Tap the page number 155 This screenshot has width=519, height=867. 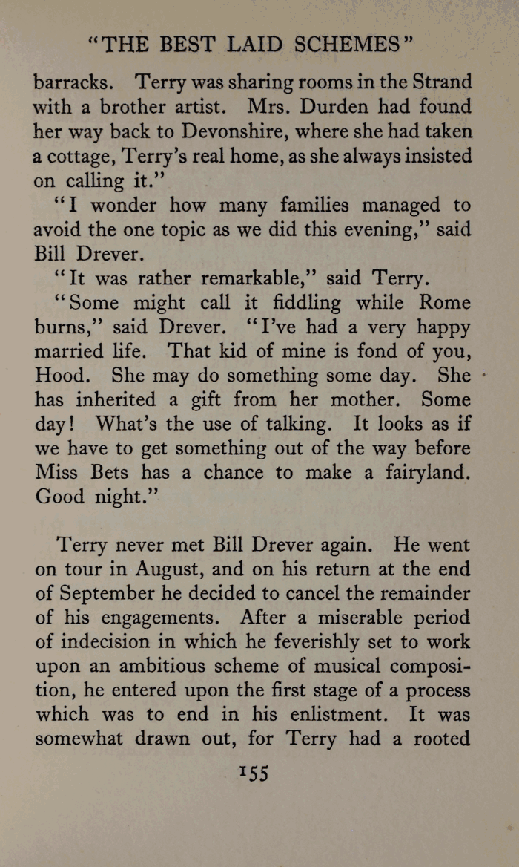pos(253,772)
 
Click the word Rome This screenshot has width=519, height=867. pos(445,303)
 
